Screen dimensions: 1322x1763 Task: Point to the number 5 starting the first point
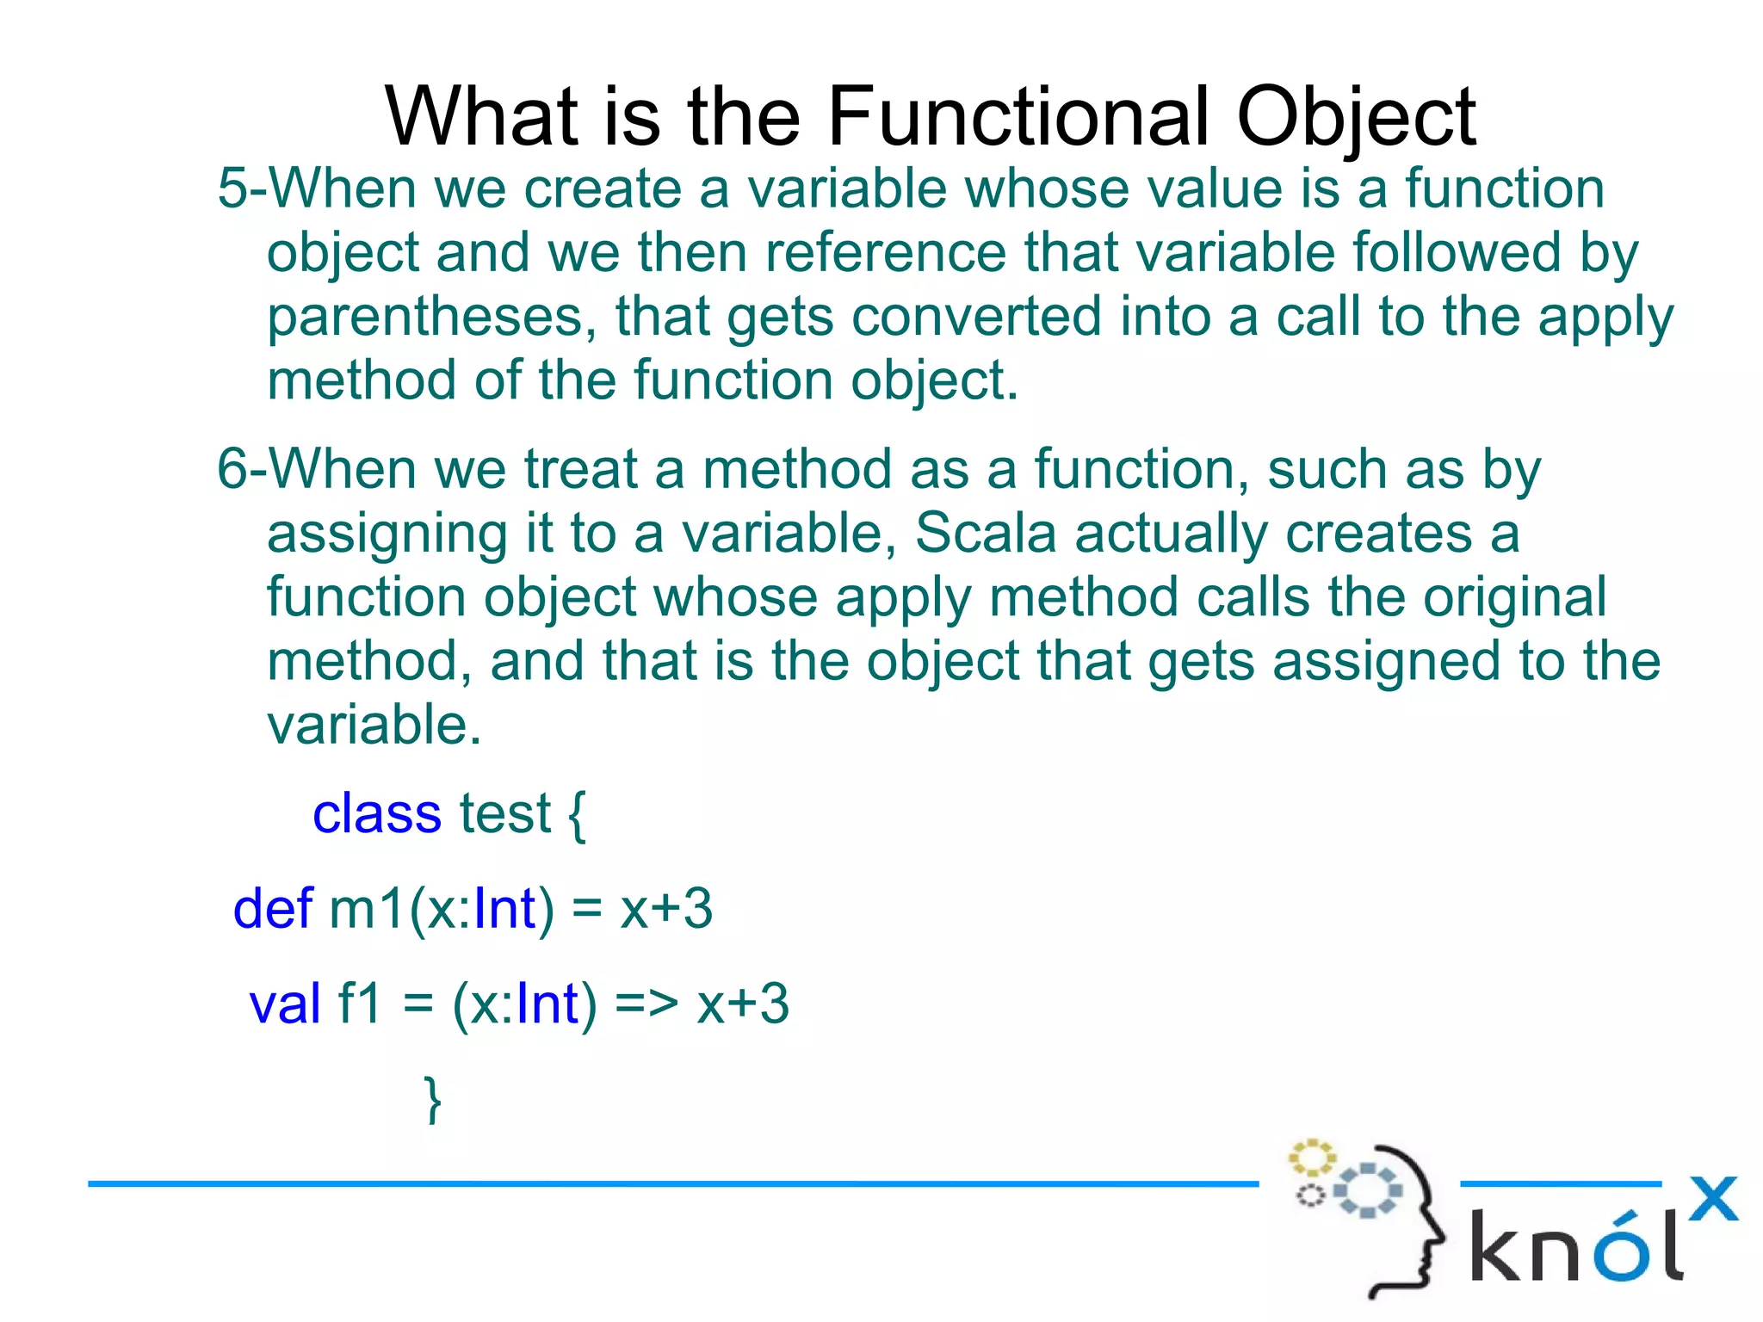[x=232, y=188]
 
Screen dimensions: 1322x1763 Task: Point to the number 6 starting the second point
[x=232, y=470]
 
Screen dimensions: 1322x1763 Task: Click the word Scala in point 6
[x=985, y=533]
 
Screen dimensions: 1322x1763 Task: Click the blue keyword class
[x=376, y=813]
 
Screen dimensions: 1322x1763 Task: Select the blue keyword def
[x=273, y=909]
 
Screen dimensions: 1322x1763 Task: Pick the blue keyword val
[x=285, y=1004]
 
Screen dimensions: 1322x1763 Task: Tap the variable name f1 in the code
[x=360, y=1004]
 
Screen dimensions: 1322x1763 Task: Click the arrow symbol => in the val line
[x=646, y=1004]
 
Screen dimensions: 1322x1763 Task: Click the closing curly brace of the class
[x=434, y=1099]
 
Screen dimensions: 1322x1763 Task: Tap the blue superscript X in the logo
[x=1713, y=1199]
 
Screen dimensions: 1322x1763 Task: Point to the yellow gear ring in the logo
[x=1311, y=1158]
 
